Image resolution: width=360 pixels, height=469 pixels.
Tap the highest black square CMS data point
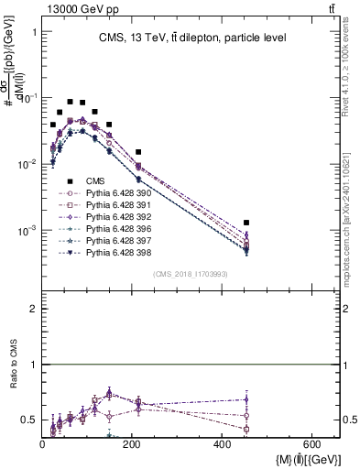(x=70, y=102)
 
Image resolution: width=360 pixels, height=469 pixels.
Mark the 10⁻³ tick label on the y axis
(x=27, y=230)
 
